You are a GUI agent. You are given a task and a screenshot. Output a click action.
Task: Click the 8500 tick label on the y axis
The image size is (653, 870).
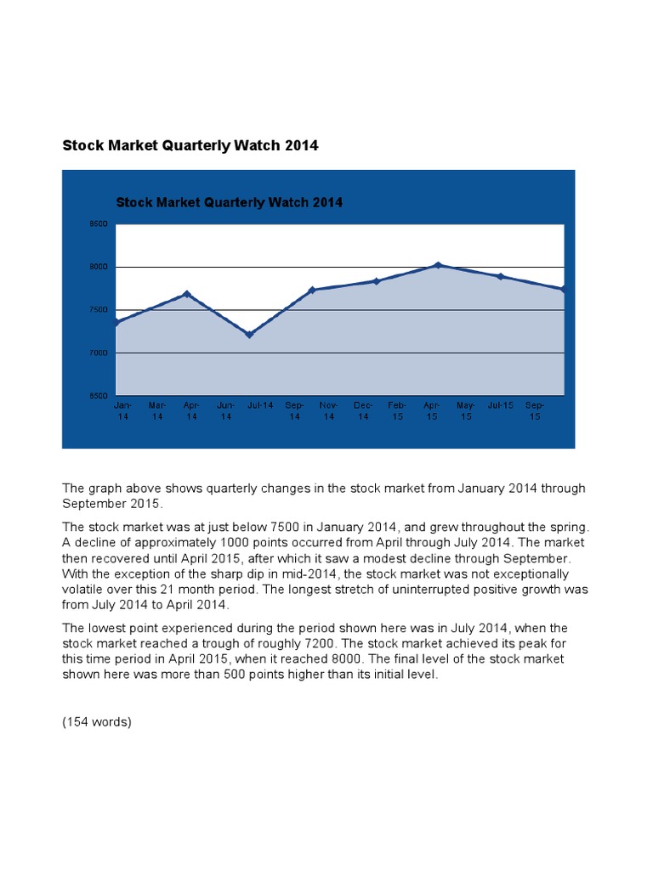tap(99, 224)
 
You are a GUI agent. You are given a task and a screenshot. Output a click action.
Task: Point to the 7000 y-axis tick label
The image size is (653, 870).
tap(99, 353)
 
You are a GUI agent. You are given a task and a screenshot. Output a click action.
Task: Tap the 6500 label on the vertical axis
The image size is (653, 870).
tap(99, 396)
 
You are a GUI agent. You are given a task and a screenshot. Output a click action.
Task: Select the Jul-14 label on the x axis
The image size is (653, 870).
tap(260, 406)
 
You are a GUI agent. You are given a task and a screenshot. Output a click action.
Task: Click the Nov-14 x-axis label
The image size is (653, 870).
tap(329, 411)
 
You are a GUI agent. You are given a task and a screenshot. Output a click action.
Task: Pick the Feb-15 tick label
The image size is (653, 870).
tap(397, 411)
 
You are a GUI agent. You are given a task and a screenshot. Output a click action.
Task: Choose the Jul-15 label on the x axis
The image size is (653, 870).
tap(501, 406)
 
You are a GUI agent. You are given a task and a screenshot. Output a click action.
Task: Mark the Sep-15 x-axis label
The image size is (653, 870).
tap(535, 411)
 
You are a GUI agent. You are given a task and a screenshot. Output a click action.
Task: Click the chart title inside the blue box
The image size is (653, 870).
tap(229, 202)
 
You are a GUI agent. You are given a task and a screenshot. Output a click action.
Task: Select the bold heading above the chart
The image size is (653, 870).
tap(190, 145)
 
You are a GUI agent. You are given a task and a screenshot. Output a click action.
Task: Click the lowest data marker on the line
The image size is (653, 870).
tap(249, 335)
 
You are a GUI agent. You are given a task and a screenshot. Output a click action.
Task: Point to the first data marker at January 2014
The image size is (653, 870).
tap(116, 322)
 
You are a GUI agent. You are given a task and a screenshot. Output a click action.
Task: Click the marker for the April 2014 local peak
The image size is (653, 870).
tap(187, 294)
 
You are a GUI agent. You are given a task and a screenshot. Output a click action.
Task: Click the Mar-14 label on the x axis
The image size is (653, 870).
tap(157, 411)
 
